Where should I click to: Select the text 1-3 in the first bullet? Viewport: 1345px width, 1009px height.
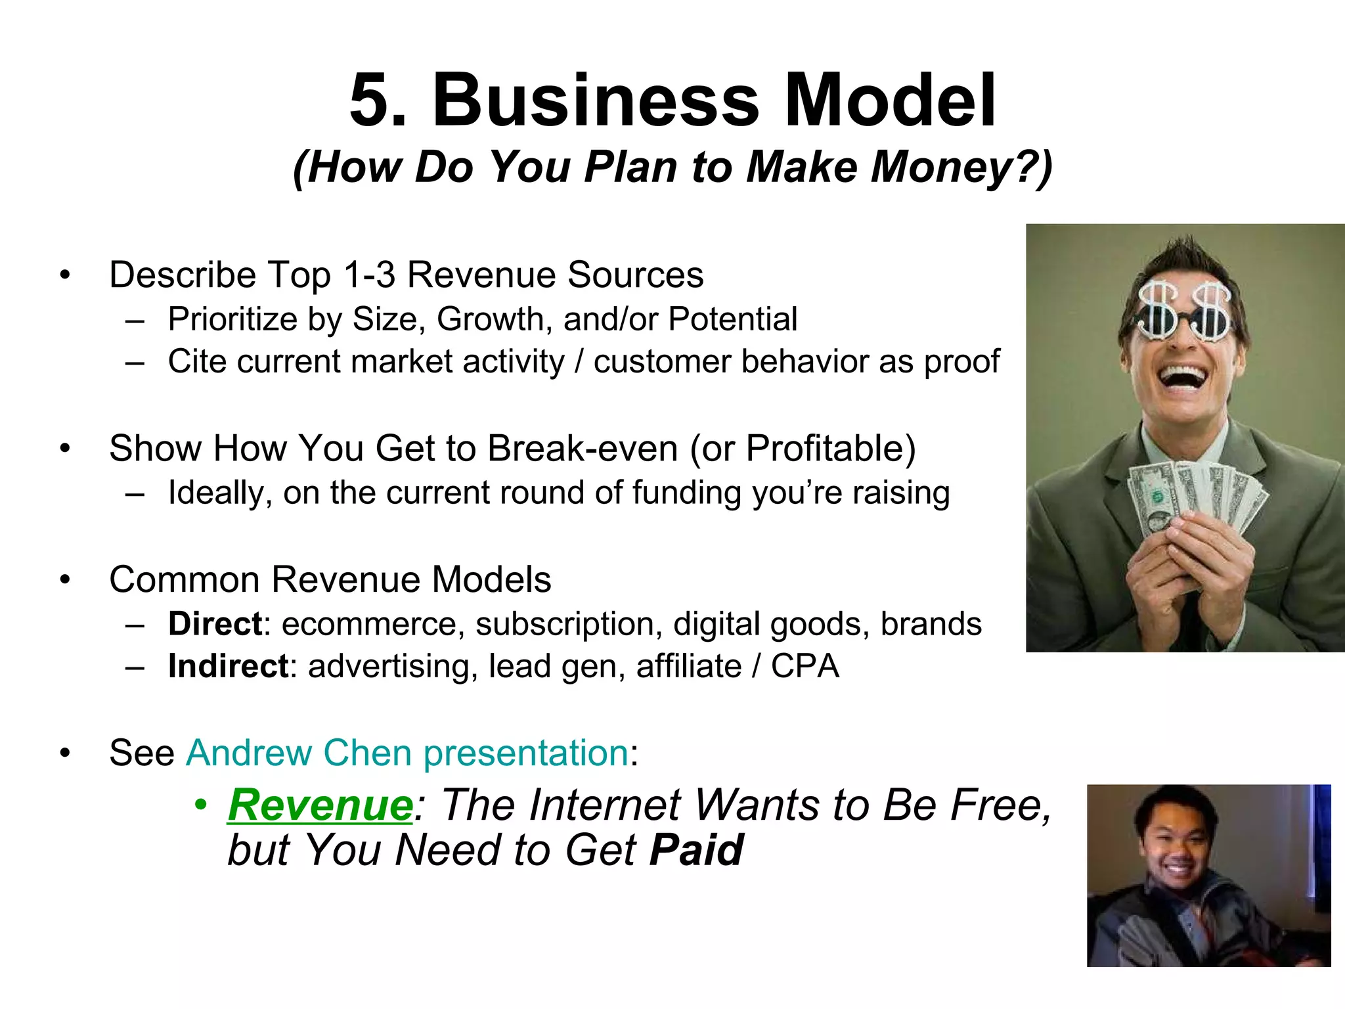(x=369, y=275)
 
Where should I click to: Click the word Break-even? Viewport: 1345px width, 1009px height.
(x=582, y=449)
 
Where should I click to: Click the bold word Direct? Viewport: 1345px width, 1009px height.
(x=215, y=624)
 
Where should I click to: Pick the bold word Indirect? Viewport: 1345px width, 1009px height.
(x=228, y=666)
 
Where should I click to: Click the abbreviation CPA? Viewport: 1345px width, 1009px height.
(x=805, y=666)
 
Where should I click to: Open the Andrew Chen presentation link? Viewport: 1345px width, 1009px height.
(x=407, y=753)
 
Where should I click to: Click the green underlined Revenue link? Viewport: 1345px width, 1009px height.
(x=320, y=805)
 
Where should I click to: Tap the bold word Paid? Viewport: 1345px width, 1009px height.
(x=696, y=850)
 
